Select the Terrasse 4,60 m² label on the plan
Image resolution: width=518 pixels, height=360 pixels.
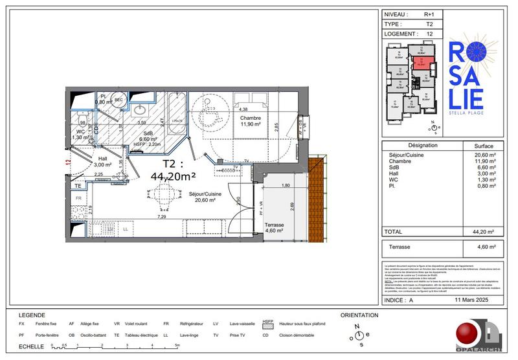277,226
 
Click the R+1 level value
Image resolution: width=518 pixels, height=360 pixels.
429,14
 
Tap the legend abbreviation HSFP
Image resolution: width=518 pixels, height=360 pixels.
267,323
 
